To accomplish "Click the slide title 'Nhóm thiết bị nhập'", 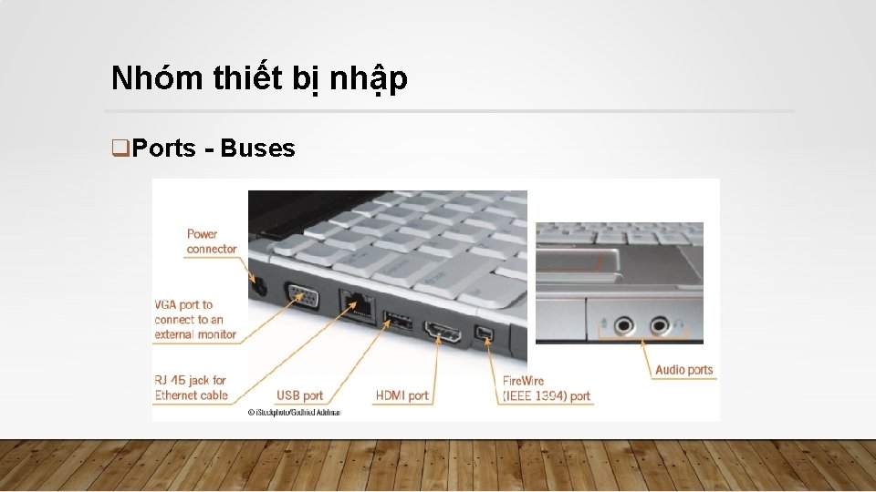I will [259, 79].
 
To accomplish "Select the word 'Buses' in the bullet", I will [257, 149].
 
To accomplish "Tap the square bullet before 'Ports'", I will [117, 149].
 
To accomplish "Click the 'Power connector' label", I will [211, 241].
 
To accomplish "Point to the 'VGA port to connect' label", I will [194, 320].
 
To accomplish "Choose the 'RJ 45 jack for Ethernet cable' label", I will [191, 388].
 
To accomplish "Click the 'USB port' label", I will [299, 395].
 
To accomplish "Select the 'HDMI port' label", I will [401, 395].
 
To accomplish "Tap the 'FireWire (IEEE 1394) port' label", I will [547, 388].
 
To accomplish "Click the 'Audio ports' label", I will [683, 370].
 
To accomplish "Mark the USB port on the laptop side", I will [396, 321].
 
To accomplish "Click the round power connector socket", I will [255, 286].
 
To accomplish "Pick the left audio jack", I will [623, 323].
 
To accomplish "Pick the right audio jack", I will [659, 323].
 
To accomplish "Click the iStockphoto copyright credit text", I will [293, 413].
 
